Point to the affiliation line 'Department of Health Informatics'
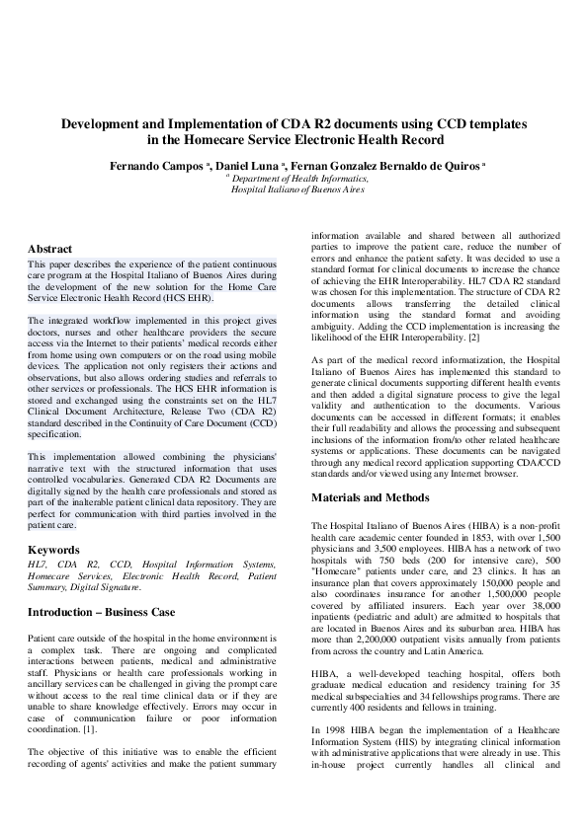click(x=299, y=179)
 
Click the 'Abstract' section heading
click(x=49, y=250)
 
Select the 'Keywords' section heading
click(x=53, y=549)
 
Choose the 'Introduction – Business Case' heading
click(x=101, y=612)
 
